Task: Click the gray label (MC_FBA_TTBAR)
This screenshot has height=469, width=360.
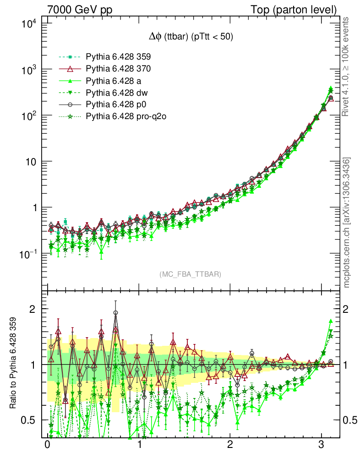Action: click(191, 274)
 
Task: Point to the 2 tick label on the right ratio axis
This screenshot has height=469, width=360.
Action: click(346, 309)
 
